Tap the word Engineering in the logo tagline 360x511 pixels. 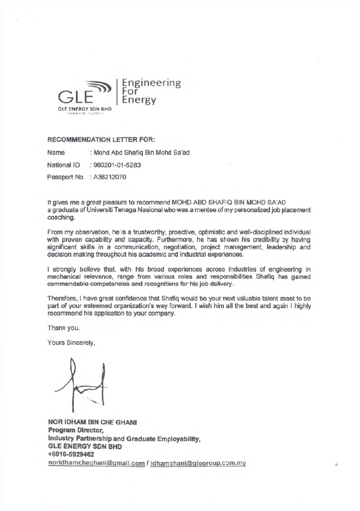click(x=151, y=83)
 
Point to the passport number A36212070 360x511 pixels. click(x=111, y=177)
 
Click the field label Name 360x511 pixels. click(x=56, y=152)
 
